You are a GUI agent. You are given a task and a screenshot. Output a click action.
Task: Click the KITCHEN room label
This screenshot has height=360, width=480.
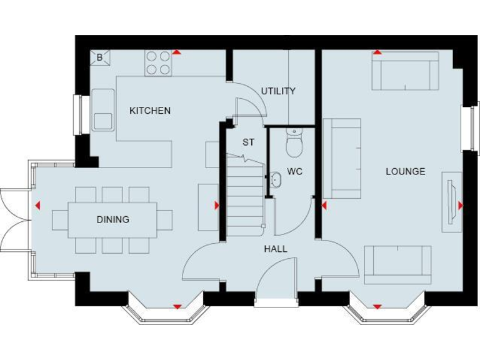(149, 111)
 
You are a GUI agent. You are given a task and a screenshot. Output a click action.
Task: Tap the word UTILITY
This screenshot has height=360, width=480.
(278, 91)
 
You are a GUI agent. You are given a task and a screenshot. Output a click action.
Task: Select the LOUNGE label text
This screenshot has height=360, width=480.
(405, 171)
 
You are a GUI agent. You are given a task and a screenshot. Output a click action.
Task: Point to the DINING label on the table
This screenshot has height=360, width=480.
(112, 219)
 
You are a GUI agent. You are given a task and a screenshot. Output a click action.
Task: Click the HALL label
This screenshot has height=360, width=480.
(275, 249)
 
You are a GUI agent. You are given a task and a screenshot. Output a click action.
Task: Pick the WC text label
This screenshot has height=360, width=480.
(294, 171)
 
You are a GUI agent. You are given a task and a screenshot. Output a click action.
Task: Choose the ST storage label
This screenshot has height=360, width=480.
(248, 142)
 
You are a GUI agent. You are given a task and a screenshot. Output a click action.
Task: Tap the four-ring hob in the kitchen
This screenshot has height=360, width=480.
(158, 62)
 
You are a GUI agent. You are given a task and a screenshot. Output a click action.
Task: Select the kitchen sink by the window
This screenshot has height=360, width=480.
(103, 110)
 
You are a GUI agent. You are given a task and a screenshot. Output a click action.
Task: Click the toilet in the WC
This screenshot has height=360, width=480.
(293, 142)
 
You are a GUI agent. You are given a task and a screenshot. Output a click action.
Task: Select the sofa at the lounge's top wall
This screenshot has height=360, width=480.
(404, 71)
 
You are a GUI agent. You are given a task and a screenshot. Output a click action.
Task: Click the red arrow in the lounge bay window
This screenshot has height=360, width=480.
(377, 307)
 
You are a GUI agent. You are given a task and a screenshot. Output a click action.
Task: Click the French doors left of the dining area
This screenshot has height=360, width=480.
(14, 219)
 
